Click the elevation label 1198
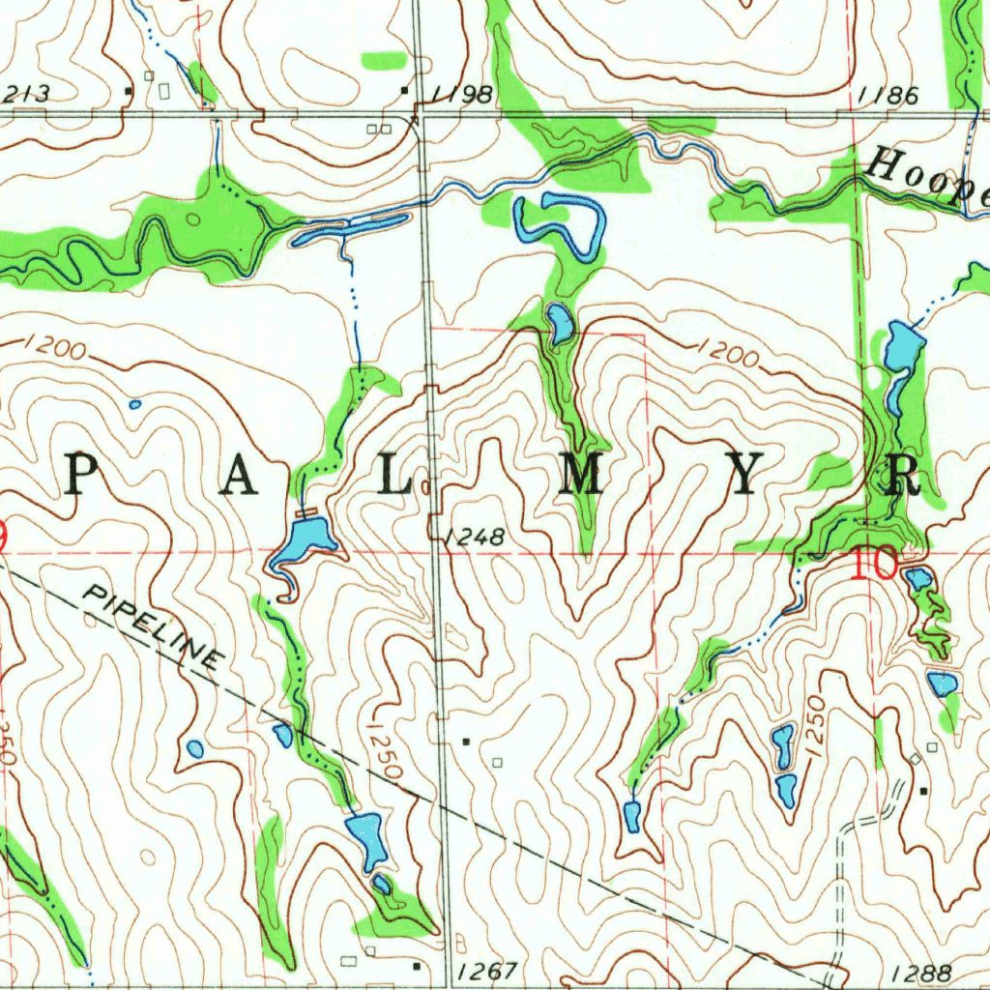point(462,94)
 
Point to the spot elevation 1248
point(475,537)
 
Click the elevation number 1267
point(489,971)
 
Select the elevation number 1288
point(922,973)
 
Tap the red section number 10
point(875,563)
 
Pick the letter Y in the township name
point(743,475)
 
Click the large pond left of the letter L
point(306,539)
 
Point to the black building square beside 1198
point(405,91)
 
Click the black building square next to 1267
point(417,965)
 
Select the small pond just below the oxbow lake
point(559,324)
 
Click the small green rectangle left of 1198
point(383,61)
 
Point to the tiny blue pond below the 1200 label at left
point(134,404)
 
